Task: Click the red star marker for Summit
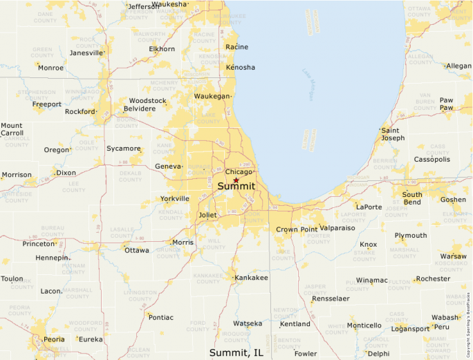236,180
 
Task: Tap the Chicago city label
239,172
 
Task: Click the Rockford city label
80,112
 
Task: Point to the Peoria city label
54,339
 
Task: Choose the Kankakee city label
251,278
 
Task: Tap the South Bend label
412,198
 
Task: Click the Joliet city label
207,215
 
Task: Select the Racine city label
236,47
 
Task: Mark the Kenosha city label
240,67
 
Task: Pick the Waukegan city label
211,96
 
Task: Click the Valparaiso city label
337,227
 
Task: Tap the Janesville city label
86,53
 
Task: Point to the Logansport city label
410,329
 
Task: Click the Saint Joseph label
393,134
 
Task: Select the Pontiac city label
160,316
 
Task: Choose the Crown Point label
296,229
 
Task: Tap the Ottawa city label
136,250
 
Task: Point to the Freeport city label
47,104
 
